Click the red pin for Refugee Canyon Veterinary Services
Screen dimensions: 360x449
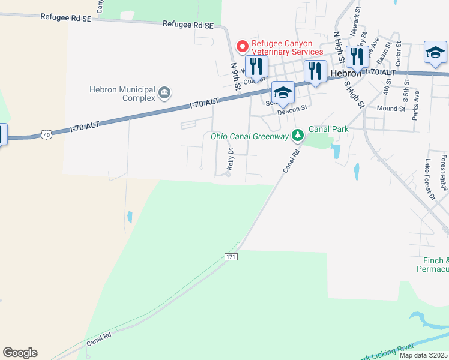coord(242,46)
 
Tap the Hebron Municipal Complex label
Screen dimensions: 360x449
coord(122,93)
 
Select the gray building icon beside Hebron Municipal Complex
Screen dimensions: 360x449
coord(164,93)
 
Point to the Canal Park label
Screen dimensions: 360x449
coord(328,129)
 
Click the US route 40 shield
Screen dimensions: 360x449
coord(46,135)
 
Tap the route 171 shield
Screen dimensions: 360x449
coord(231,256)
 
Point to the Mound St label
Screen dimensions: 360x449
coord(391,109)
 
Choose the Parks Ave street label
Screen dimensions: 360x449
coord(415,106)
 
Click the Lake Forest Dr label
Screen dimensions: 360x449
coord(429,179)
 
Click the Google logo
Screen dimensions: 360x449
coord(20,353)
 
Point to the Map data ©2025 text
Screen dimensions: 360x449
coord(424,355)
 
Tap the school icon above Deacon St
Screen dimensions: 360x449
coord(283,92)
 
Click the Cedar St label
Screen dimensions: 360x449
coord(398,55)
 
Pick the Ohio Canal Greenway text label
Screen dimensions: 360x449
coord(250,136)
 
